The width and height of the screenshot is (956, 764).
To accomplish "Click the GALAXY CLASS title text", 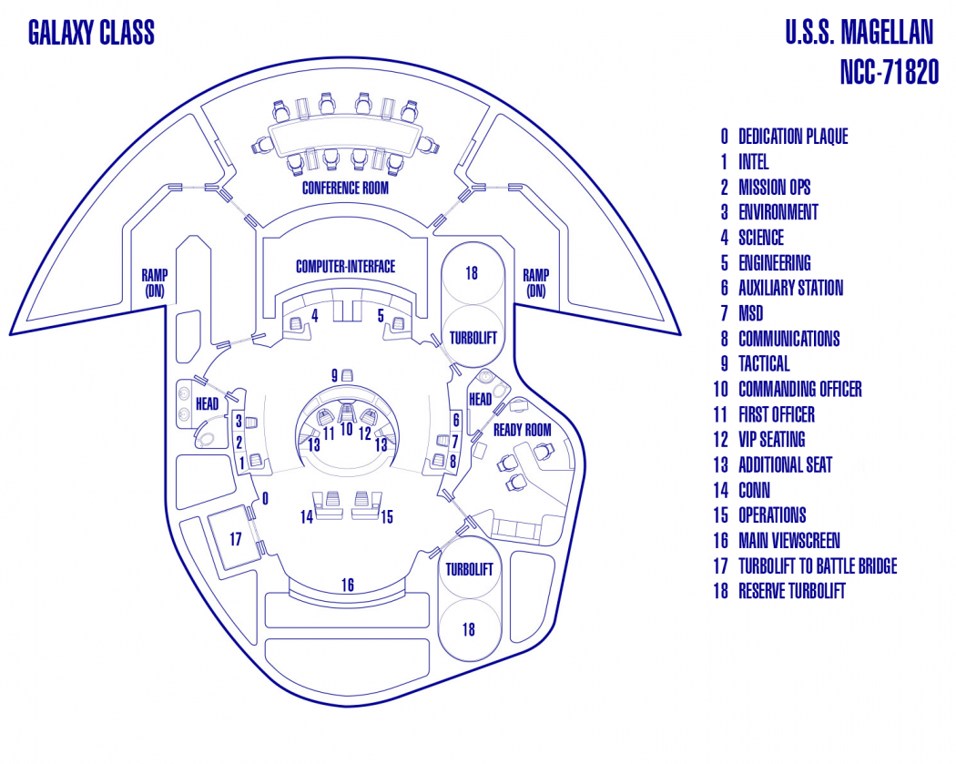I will click(91, 34).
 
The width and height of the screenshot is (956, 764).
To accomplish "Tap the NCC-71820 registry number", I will click(889, 73).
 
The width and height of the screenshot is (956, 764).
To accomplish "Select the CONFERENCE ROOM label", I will click(345, 188).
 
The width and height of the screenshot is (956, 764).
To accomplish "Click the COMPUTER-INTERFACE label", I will click(345, 267).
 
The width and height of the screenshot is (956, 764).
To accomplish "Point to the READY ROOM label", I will click(523, 430).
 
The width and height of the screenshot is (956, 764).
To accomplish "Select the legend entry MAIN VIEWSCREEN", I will click(788, 541).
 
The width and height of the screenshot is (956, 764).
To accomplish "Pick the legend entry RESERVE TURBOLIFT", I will click(791, 591).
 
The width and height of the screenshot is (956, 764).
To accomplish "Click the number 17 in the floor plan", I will click(235, 539).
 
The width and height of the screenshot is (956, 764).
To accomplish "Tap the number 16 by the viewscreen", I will click(348, 586).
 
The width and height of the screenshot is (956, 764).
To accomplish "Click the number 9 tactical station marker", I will click(335, 375).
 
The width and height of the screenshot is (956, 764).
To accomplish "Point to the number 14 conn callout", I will click(306, 516).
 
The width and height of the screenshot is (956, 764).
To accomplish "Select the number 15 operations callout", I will click(387, 516).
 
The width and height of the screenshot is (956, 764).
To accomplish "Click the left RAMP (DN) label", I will click(154, 282).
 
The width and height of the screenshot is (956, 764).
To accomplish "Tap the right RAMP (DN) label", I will click(535, 282).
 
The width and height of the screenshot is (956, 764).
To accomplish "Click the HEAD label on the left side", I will click(207, 402).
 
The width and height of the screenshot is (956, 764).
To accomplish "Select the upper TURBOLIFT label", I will click(473, 338).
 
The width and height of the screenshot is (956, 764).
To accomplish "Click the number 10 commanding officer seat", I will click(346, 428).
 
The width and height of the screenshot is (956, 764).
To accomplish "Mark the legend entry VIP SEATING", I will click(771, 440).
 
